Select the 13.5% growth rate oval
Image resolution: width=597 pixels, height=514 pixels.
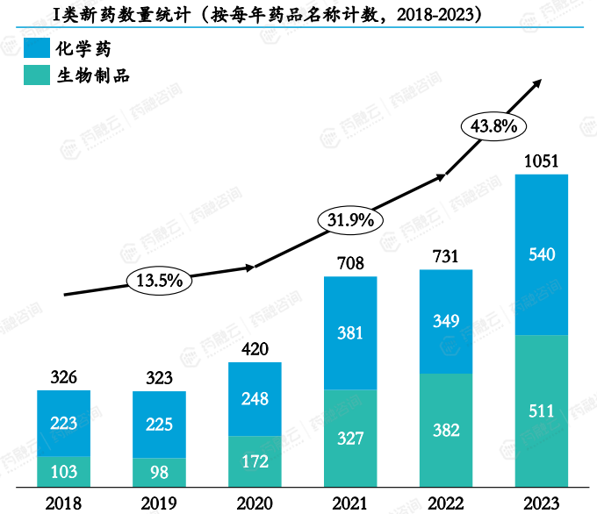coord(159,281)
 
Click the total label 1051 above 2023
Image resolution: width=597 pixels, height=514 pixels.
coord(541,161)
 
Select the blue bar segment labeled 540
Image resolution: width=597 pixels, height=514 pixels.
coord(541,254)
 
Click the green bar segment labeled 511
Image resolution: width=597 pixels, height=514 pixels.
coord(541,410)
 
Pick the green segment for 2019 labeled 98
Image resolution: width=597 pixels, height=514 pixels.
coord(159,471)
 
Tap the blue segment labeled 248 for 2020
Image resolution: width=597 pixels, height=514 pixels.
coord(255,399)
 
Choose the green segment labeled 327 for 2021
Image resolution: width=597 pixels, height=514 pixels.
coord(350,438)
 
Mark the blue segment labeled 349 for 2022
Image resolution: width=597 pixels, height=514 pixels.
coord(446,321)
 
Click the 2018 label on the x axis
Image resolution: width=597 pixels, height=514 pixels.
coord(63,503)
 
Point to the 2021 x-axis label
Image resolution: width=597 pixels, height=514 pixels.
coord(350,503)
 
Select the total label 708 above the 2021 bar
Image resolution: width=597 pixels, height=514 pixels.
coord(350,262)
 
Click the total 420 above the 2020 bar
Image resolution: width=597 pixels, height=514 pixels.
coord(255,348)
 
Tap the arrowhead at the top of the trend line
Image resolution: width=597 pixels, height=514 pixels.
coord(537,82)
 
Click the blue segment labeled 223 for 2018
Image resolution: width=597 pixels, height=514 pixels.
coord(63,423)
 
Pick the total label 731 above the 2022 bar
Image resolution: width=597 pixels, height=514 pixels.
coord(446,255)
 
